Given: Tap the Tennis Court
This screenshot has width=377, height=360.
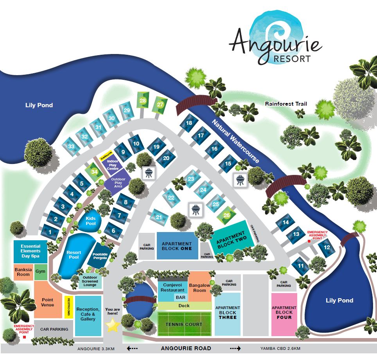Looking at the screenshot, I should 184,324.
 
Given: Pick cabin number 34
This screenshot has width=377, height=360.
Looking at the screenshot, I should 94,171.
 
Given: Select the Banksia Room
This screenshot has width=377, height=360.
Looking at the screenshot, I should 22,272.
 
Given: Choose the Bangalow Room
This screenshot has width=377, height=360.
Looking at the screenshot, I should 200,288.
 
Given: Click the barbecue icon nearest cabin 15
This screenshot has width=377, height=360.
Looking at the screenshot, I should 239,180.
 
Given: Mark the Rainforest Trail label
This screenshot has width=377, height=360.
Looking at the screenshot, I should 285,104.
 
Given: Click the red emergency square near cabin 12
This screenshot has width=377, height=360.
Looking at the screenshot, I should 309,241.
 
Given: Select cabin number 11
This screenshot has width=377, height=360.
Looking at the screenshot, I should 301,266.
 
